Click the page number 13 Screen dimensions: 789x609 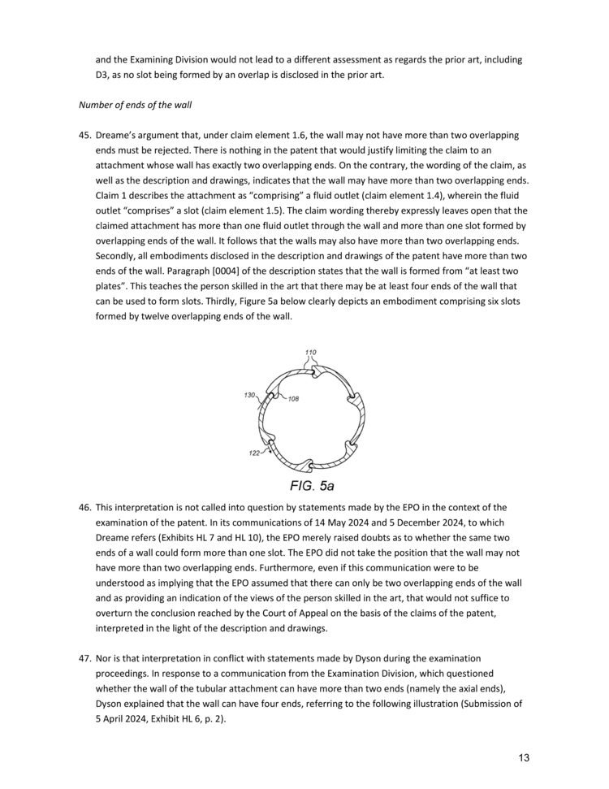[x=524, y=758]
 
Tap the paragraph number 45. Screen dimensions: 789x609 [x=84, y=135]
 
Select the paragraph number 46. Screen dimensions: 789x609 [x=84, y=508]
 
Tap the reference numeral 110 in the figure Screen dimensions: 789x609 [x=310, y=353]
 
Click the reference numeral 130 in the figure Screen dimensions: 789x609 [x=249, y=395]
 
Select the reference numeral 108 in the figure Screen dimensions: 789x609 [x=294, y=400]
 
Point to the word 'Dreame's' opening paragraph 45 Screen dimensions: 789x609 [x=118, y=135]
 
